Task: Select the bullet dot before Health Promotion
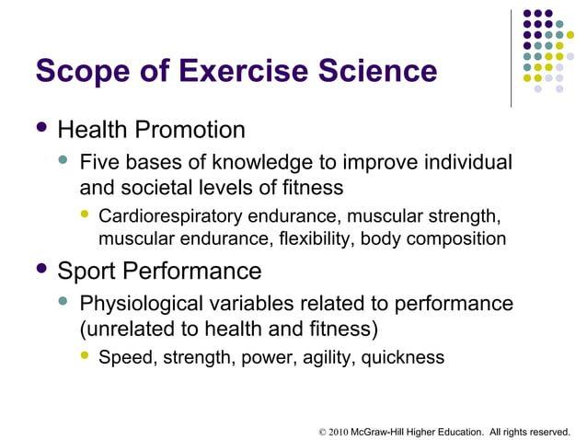[x=39, y=129]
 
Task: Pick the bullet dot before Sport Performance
[x=39, y=271]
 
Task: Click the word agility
[x=319, y=358]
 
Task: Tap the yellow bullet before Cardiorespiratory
[x=85, y=216]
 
